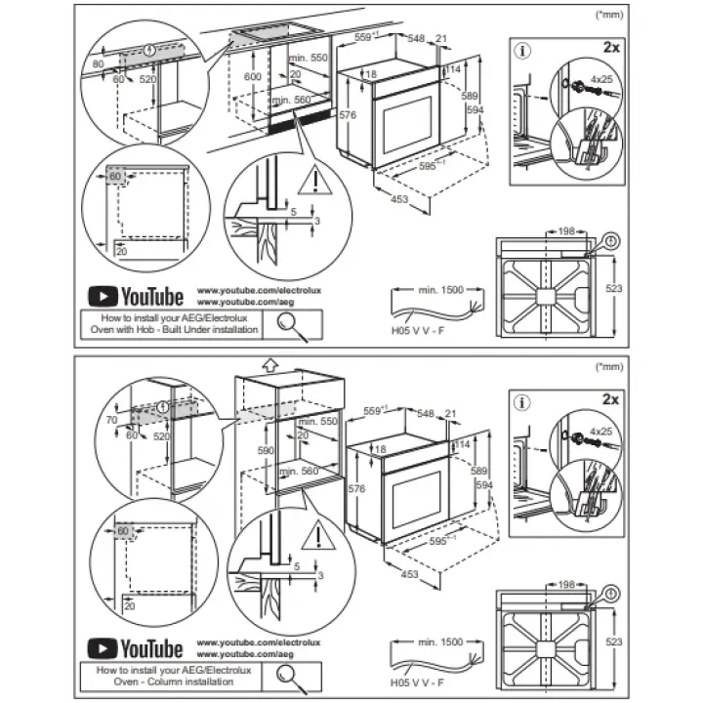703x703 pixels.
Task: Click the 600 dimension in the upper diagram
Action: [x=253, y=76]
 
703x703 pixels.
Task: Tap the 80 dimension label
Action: [x=97, y=63]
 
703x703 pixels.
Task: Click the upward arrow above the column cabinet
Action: [x=270, y=365]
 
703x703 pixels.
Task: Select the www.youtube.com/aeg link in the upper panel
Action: [x=245, y=304]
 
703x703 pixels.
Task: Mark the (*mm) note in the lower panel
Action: [x=607, y=366]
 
